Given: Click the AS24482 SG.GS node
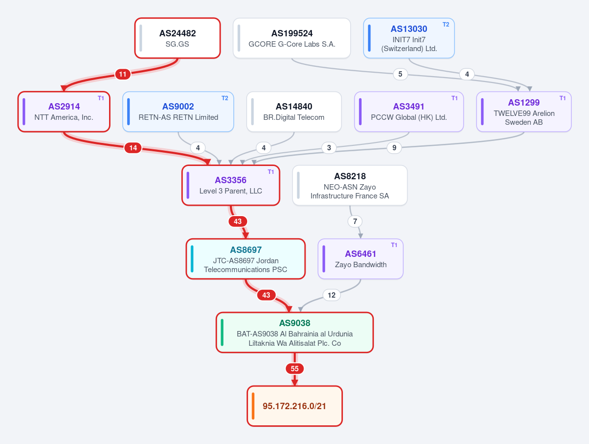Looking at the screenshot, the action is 177,38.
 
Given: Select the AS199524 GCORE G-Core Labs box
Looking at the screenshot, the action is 291,38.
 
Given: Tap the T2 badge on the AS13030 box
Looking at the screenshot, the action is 446,25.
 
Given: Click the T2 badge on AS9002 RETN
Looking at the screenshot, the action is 224,98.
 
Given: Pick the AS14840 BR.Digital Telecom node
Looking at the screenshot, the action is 294,111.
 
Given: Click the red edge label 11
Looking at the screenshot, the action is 123,74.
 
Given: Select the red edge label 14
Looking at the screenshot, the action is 133,148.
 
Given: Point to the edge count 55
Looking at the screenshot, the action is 295,369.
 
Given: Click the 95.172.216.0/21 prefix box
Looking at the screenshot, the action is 295,406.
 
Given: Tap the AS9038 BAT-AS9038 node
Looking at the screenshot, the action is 295,333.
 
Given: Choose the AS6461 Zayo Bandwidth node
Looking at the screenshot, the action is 361,259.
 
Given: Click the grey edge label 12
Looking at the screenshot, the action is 331,295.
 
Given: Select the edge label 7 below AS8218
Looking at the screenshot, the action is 355,222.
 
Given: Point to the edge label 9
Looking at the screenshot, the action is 394,148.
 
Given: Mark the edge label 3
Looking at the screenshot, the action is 329,148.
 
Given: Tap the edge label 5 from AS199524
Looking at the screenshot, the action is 400,74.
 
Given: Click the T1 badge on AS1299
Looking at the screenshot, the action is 562,98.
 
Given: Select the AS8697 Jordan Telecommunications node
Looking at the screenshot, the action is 246,259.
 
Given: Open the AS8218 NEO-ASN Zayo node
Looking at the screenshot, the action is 350,185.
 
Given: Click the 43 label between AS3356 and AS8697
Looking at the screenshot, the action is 238,222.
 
